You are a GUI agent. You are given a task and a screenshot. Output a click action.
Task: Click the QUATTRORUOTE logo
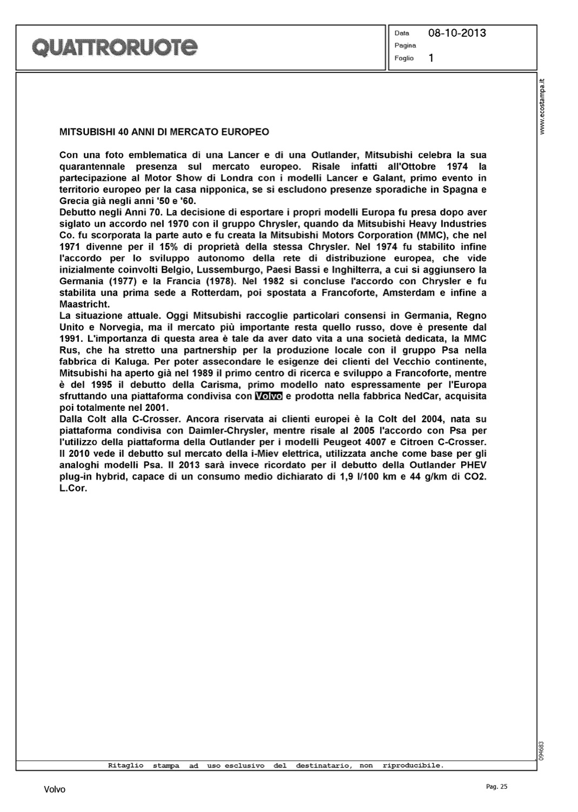[115, 48]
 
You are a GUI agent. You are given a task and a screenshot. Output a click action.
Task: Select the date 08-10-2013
[457, 33]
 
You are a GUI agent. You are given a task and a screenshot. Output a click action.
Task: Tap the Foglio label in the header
[404, 58]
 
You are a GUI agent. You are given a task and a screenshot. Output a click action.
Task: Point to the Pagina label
[405, 45]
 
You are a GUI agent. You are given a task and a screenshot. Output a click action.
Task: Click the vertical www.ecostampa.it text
[543, 107]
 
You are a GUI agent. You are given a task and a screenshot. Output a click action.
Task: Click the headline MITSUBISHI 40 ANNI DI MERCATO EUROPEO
[164, 132]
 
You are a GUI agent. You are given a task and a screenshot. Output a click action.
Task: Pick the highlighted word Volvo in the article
[268, 396]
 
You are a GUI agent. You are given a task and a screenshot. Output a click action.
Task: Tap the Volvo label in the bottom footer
[55, 790]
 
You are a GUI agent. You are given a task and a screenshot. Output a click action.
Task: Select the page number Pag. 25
[497, 787]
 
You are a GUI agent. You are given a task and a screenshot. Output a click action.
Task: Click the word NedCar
[421, 396]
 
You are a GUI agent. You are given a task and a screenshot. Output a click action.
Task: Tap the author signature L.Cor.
[73, 488]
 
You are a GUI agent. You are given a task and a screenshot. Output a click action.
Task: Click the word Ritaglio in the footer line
[125, 765]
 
